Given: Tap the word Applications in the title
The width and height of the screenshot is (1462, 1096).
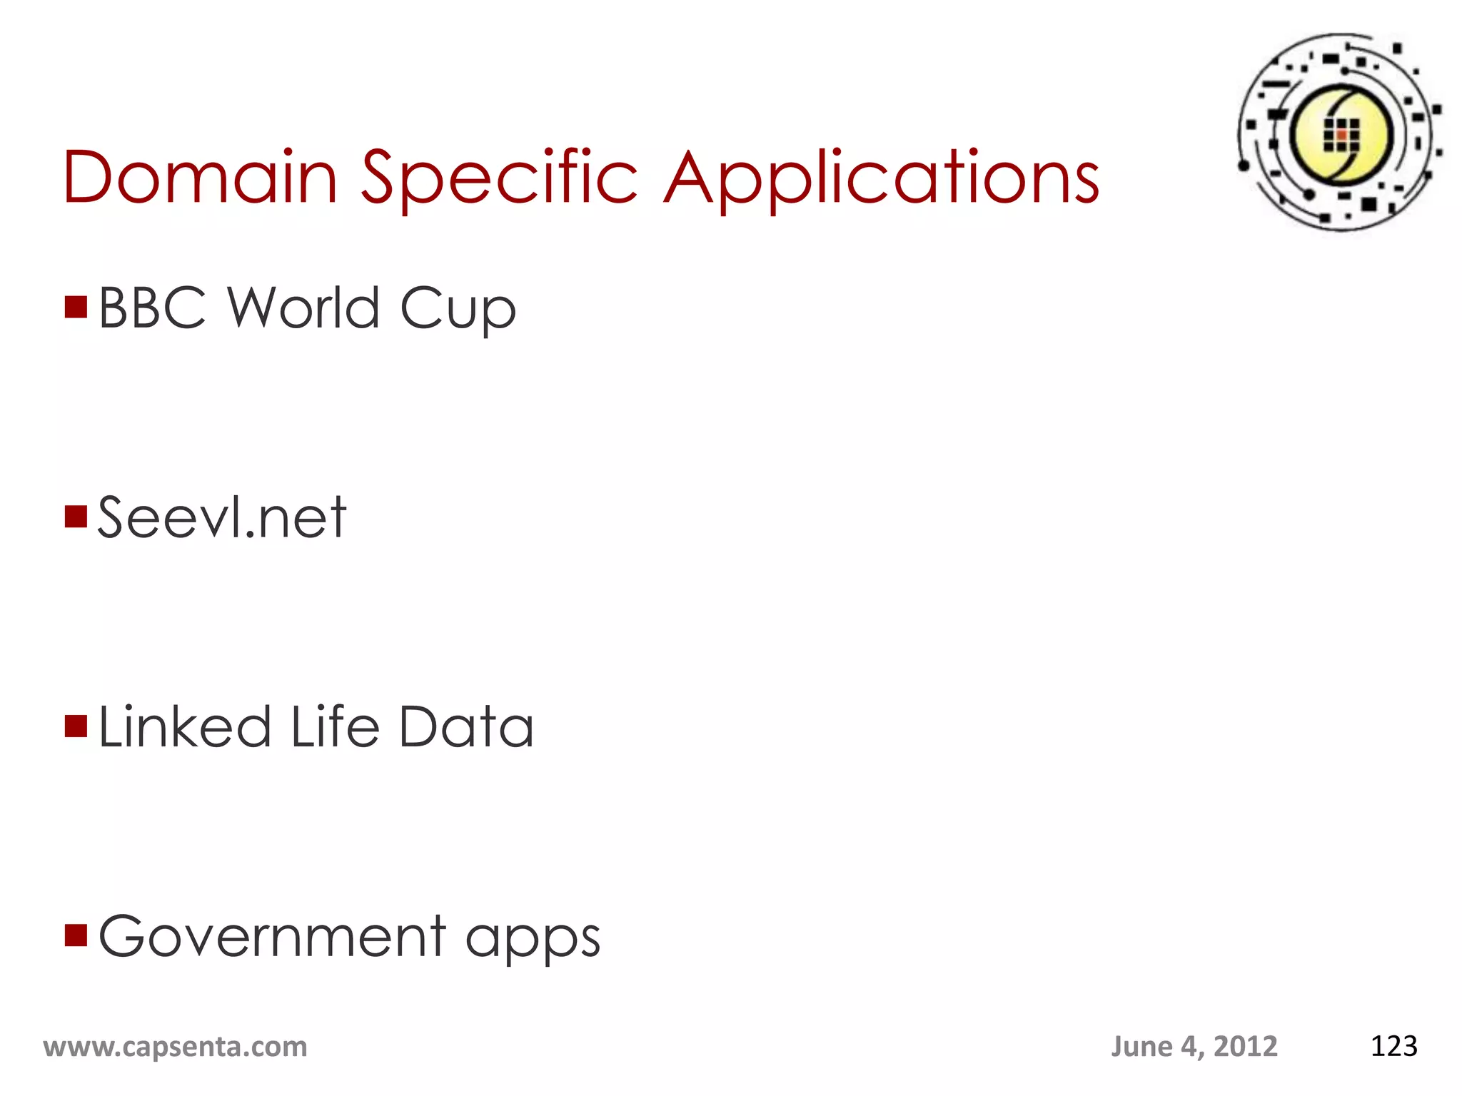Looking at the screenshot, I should pos(882,178).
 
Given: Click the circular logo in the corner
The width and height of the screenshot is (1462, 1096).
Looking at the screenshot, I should pos(1340,133).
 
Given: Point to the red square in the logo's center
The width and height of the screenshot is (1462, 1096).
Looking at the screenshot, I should pos(1341,134).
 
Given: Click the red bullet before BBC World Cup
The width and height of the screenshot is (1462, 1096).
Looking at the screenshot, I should pos(76,307).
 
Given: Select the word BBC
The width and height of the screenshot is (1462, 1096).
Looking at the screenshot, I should pos(152,308).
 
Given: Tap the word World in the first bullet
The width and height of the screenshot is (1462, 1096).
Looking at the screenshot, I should pos(303,308).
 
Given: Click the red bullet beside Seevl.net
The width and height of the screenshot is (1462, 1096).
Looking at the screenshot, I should pos(76,516).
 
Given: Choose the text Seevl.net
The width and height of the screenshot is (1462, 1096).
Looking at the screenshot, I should pos(222,517).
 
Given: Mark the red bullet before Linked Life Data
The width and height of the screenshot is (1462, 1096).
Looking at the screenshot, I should pos(76,726).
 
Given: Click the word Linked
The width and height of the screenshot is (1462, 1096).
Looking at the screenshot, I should pos(185,726).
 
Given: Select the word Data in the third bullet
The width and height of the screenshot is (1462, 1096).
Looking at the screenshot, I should pos(466,726).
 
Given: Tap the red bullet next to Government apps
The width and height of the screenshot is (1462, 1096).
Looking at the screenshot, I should pos(76,935).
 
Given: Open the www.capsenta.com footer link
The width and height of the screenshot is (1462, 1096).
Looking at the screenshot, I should pos(175,1047).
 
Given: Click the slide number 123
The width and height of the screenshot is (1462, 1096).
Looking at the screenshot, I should pos(1393,1046).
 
